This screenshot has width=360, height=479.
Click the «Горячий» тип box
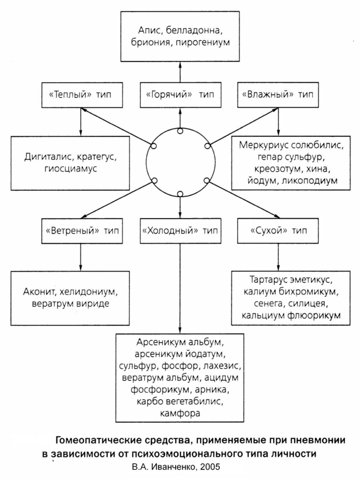(x=181, y=94)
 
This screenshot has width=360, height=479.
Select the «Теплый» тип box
(x=82, y=94)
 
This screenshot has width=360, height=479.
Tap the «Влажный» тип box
(x=278, y=94)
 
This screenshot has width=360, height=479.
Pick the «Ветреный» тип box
(x=82, y=231)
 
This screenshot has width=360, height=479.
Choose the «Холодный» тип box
(x=181, y=231)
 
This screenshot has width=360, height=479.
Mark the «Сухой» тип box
(x=278, y=231)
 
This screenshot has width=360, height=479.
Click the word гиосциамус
(x=70, y=169)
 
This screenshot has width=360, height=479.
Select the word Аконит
(x=39, y=292)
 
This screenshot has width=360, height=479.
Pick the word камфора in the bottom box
(x=179, y=413)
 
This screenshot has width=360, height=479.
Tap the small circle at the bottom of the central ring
(x=181, y=194)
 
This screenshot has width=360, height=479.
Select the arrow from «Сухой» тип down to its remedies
(x=278, y=257)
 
